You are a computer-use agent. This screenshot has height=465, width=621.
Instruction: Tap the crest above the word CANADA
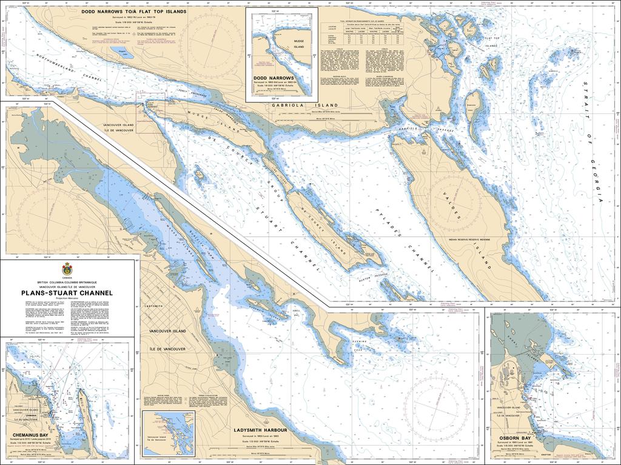(x=67, y=269)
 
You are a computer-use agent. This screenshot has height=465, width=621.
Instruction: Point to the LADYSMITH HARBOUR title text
(x=260, y=430)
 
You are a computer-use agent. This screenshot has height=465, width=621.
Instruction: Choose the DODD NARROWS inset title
(x=275, y=78)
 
